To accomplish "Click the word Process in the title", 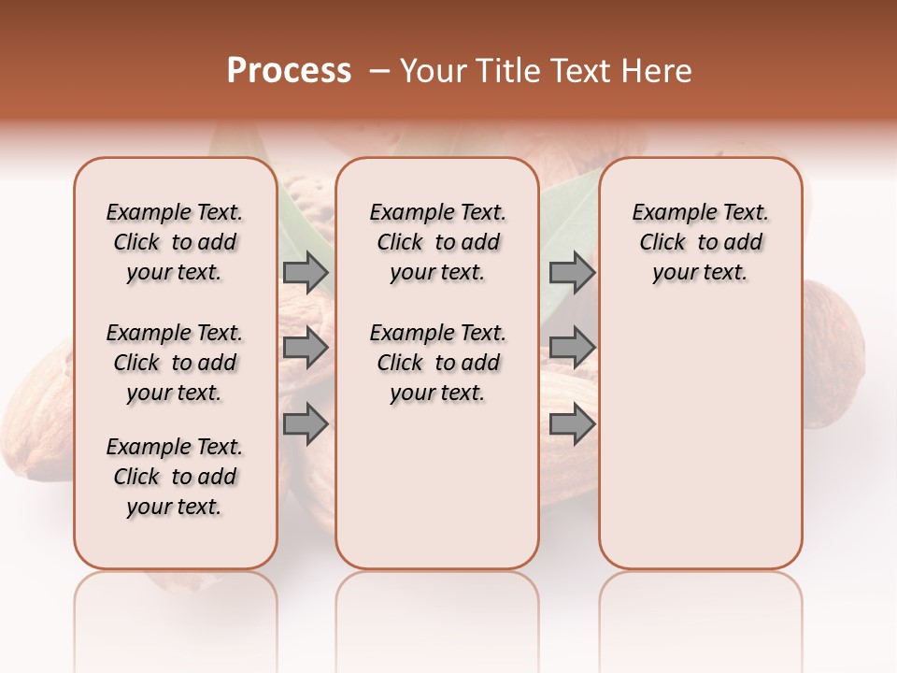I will pyautogui.click(x=289, y=71).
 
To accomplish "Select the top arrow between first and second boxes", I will pyautogui.click(x=306, y=272).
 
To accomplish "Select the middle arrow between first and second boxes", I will pyautogui.click(x=306, y=348).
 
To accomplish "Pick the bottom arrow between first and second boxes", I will pyautogui.click(x=306, y=424).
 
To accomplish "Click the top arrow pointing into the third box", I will pyautogui.click(x=572, y=272).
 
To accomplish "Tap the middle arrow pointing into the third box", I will pyautogui.click(x=572, y=348).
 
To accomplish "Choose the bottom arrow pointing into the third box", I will pyautogui.click(x=572, y=424).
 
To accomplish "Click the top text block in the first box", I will pyautogui.click(x=175, y=242).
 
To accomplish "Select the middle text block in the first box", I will pyautogui.click(x=175, y=363).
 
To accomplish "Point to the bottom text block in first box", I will pyautogui.click(x=175, y=477).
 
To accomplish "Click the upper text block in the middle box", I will pyautogui.click(x=437, y=242).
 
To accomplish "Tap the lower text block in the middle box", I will pyautogui.click(x=437, y=363).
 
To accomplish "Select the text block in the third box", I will pyautogui.click(x=700, y=242).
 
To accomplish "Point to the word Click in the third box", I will pyautogui.click(x=662, y=243).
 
